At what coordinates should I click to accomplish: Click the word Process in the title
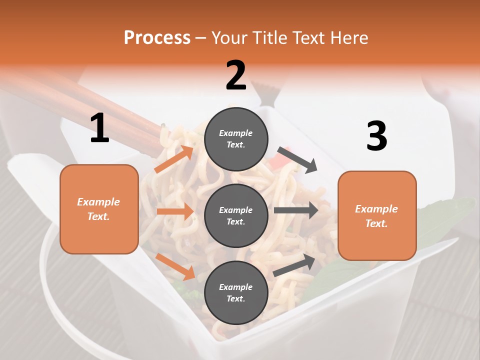pyautogui.click(x=157, y=37)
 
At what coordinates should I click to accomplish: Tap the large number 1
pyautogui.click(x=99, y=128)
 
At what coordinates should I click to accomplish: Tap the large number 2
pyautogui.click(x=236, y=75)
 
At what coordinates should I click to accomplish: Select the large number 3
pyautogui.click(x=376, y=136)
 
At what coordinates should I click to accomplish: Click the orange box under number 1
pyautogui.click(x=99, y=209)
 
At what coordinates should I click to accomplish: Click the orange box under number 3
pyautogui.click(x=377, y=216)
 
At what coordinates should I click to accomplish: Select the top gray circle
pyautogui.click(x=236, y=139)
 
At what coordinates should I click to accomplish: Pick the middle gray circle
pyautogui.click(x=236, y=216)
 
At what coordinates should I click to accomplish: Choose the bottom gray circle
pyautogui.click(x=236, y=293)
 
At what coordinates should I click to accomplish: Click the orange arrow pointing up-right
pyautogui.click(x=174, y=159)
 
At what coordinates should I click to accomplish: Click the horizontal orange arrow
pyautogui.click(x=175, y=211)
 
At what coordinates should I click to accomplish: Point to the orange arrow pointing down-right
pyautogui.click(x=175, y=266)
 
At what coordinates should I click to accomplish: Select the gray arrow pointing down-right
pyautogui.click(x=297, y=159)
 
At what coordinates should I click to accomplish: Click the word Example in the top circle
pyautogui.click(x=236, y=133)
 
